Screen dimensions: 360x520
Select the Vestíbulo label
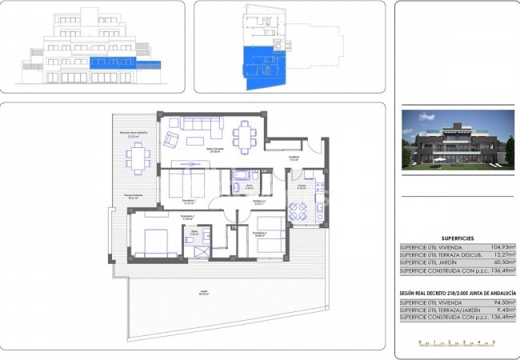[x=294, y=157]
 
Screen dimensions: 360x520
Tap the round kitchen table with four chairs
[x=298, y=212]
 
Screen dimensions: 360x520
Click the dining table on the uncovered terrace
[x=138, y=158]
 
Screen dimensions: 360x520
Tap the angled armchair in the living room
[x=172, y=139]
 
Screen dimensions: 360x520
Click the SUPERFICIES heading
[x=458, y=237]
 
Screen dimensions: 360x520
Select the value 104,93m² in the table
[x=500, y=248]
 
